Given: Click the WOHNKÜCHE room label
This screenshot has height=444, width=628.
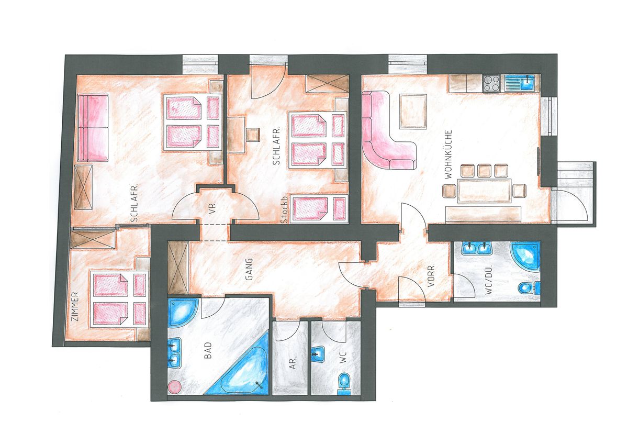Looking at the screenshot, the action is tap(448, 154).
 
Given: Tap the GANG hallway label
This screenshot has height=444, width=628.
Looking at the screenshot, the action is tap(249, 269).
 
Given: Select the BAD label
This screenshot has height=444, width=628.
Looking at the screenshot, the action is tap(208, 351).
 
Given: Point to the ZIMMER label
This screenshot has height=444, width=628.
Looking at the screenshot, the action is tap(75, 307).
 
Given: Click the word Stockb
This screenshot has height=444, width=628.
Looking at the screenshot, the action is tap(284, 210).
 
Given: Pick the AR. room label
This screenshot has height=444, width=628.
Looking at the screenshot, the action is tap(293, 363).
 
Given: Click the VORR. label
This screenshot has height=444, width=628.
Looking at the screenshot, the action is tap(431, 275).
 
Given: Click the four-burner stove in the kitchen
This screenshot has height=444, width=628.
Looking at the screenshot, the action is tap(491, 83).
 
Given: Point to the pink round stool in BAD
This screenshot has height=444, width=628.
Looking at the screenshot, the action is tap(174, 386).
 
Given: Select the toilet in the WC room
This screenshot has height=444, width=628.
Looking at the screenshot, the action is tap(344, 383).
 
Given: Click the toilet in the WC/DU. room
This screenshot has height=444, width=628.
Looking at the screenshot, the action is tap(529, 288).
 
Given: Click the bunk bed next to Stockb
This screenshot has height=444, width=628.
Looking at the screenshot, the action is tap(319, 209).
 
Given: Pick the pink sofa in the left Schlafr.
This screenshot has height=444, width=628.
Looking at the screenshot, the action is tap(93, 128).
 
